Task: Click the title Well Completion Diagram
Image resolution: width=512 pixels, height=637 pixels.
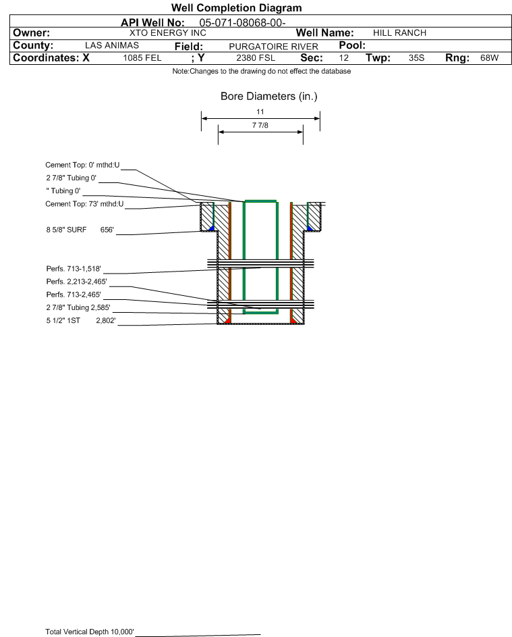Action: [x=237, y=7]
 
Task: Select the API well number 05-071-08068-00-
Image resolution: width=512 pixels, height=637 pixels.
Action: [x=242, y=23]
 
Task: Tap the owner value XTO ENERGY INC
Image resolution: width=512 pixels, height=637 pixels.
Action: [x=167, y=33]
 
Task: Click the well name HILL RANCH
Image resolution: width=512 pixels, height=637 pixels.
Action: [x=399, y=33]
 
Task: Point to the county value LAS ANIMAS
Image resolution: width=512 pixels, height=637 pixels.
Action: [x=112, y=45]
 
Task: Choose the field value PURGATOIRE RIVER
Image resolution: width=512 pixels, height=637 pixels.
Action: [x=273, y=47]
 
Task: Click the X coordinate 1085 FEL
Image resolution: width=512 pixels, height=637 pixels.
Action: [x=142, y=57]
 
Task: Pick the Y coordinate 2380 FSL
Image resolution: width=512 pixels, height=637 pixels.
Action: [x=256, y=57]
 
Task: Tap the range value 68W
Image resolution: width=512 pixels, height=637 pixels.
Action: [x=489, y=57]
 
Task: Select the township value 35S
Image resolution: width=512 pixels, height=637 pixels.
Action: [x=416, y=57]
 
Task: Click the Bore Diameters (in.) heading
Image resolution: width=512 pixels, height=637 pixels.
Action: [x=269, y=97]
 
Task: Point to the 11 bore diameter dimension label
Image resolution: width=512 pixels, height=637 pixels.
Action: [x=260, y=111]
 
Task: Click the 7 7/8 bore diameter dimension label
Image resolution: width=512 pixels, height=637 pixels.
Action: [x=260, y=125]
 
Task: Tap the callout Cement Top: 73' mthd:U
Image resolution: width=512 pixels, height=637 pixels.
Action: [x=84, y=204]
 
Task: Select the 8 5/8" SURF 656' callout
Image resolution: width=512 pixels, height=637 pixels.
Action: [x=80, y=230]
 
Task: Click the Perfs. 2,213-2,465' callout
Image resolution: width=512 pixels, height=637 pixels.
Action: [x=77, y=282]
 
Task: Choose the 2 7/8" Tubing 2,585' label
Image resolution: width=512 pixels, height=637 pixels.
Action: [x=78, y=307]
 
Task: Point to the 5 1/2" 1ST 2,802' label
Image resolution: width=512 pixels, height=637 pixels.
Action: [x=81, y=321]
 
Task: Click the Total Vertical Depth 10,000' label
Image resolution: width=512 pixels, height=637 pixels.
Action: [x=90, y=632]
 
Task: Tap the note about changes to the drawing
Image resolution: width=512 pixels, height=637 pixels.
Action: [x=262, y=71]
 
